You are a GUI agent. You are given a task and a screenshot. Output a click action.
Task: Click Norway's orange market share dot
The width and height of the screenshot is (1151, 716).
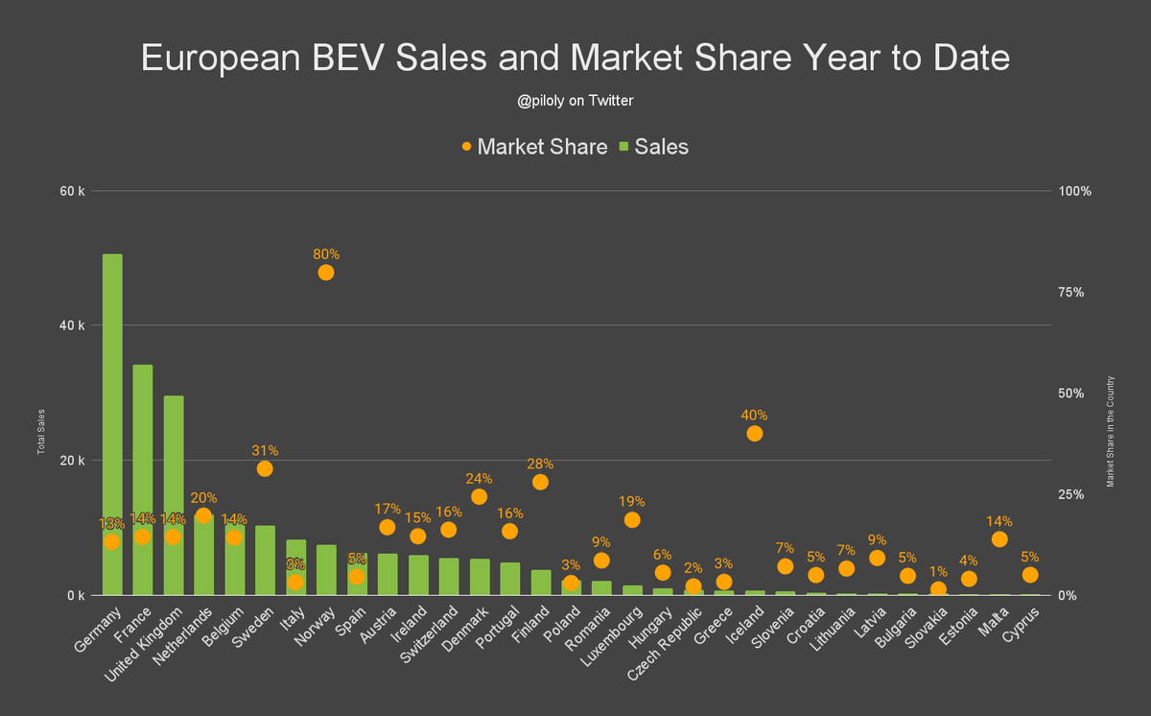[x=326, y=273]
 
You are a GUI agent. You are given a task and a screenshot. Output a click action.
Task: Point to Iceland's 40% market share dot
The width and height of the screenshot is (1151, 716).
[x=755, y=434]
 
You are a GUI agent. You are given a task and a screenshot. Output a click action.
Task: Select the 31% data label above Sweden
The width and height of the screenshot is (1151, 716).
[x=265, y=450]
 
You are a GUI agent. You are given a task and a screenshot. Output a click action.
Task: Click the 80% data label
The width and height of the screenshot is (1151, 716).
[x=326, y=254]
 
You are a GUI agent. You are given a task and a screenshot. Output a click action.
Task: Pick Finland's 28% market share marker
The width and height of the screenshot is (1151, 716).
[x=540, y=482]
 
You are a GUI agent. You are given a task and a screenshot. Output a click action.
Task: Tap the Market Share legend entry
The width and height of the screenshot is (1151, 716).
[x=533, y=147]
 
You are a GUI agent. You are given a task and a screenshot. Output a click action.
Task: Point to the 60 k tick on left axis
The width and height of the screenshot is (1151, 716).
[x=73, y=191]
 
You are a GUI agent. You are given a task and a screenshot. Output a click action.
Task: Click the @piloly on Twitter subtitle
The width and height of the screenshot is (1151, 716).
[x=575, y=100]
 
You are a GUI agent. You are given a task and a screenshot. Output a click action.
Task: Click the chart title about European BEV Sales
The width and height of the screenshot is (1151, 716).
[x=575, y=58]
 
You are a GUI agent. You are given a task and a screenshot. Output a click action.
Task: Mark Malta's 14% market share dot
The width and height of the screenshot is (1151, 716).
[x=999, y=539]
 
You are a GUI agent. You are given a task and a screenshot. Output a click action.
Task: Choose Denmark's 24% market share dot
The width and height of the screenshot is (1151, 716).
[x=479, y=497]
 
